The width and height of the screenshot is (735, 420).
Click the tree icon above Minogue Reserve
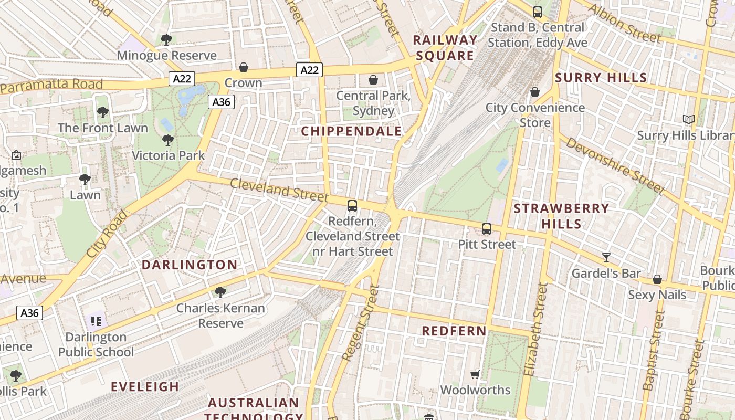coord(166,39)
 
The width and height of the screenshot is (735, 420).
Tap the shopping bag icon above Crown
coord(244,67)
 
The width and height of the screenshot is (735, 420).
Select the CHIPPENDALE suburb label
coord(351,131)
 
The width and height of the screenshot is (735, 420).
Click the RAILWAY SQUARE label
coord(445,48)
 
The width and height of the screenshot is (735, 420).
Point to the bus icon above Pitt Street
coord(487,229)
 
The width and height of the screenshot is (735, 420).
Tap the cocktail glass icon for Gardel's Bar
coord(606,258)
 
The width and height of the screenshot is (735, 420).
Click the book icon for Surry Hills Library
coord(689,120)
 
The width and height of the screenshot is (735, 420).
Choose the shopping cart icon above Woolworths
coord(475,374)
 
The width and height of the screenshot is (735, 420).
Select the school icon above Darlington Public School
coord(96,321)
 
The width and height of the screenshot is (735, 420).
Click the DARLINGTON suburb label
coord(190,265)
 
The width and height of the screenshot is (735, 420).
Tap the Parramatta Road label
coord(51,86)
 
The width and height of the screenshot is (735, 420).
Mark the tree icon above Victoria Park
coord(168,140)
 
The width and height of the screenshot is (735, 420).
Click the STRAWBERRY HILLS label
coord(561,216)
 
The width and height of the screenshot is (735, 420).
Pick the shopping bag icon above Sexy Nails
coord(657,279)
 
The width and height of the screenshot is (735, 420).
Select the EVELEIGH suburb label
coord(145,387)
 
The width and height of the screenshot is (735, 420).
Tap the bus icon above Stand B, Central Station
coord(537,12)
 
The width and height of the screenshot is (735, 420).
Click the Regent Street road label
coord(360,322)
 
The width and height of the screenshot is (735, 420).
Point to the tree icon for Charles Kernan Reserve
coord(220,292)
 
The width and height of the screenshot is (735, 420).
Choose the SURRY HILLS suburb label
coord(601,78)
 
